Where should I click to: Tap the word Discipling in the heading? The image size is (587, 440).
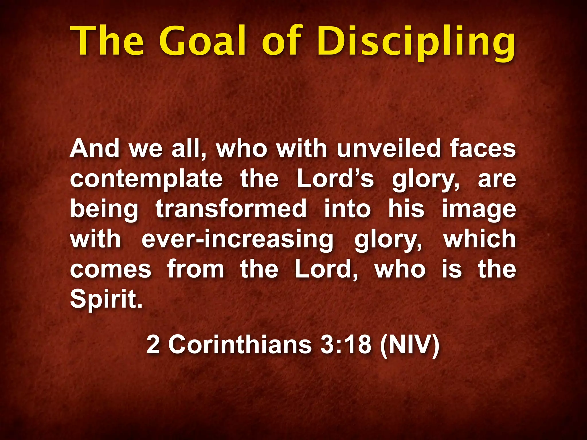point(415,43)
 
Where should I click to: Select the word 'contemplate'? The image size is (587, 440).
point(146,179)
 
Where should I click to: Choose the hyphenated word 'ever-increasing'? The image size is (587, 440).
point(238,239)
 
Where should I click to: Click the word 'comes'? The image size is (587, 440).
point(111,269)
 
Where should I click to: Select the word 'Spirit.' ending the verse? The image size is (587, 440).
point(106,299)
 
